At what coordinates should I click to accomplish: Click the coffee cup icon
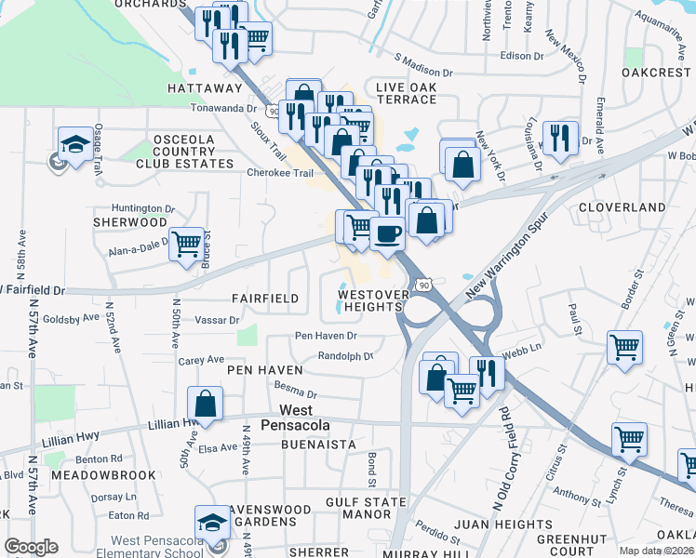click(387, 232)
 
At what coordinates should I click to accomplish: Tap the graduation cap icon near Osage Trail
click(75, 144)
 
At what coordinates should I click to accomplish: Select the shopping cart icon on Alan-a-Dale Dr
click(187, 245)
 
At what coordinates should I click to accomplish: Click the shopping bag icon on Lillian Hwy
click(206, 405)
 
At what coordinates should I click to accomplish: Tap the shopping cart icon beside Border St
click(624, 348)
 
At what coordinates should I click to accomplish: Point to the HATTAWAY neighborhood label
click(205, 88)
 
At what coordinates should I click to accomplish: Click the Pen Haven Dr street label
click(326, 336)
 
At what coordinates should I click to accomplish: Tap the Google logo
click(31, 547)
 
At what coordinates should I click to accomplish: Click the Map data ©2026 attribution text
click(656, 551)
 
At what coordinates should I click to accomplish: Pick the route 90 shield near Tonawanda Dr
click(273, 111)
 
